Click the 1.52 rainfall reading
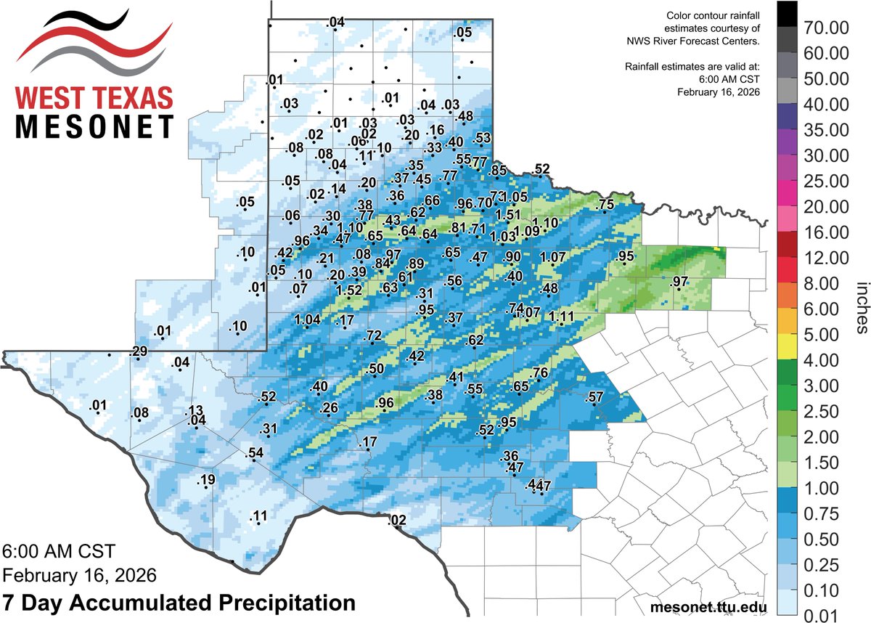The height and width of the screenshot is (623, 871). (349, 290)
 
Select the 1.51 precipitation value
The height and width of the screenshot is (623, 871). (507, 214)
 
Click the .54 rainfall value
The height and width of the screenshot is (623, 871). (255, 454)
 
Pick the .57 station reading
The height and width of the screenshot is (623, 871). (594, 396)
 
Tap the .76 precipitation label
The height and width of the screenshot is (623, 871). (540, 373)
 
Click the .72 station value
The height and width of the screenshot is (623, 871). (373, 335)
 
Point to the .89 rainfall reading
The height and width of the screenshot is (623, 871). (416, 263)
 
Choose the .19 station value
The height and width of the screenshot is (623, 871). (207, 480)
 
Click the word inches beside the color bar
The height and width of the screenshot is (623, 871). (862, 309)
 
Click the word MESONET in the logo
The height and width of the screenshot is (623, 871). (94, 126)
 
